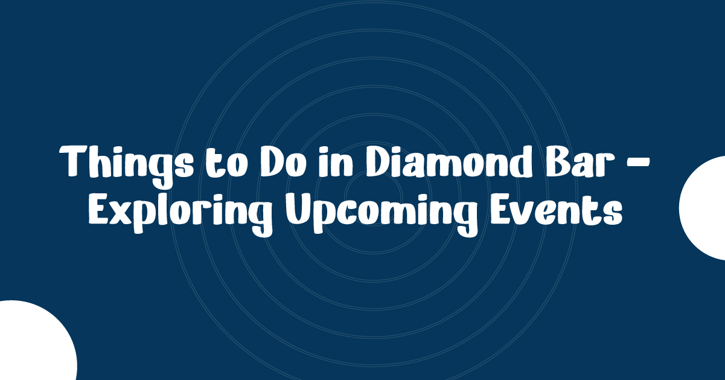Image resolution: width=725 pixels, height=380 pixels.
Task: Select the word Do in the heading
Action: (283, 161)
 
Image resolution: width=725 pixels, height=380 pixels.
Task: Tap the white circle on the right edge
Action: (702, 208)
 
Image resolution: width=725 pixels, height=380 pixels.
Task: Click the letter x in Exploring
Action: (121, 213)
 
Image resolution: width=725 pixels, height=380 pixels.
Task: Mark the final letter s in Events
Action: (612, 213)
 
